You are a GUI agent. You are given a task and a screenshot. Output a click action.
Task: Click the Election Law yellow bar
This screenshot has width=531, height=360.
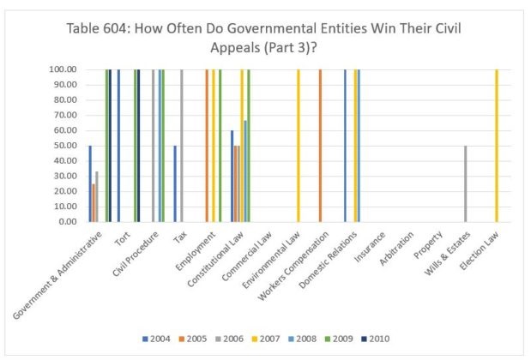pyautogui.click(x=497, y=146)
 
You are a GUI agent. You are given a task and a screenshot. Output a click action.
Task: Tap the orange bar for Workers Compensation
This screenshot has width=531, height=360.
pyautogui.click(x=320, y=146)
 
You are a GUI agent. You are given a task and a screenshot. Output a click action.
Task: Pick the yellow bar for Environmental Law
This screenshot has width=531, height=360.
pyautogui.click(x=298, y=146)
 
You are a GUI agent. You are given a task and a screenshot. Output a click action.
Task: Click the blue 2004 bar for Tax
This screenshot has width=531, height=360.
pyautogui.click(x=175, y=183)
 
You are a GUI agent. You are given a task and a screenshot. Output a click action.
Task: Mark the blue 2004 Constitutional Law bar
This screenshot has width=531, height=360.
pyautogui.click(x=232, y=176)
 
